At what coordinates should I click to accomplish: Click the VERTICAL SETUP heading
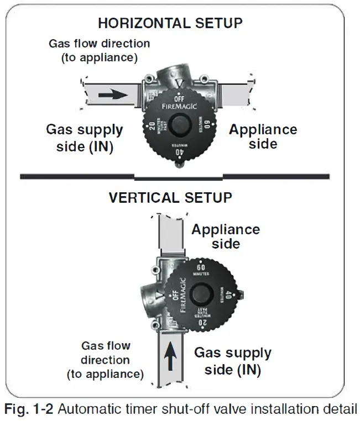[170, 197]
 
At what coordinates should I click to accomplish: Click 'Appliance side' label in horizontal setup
[263, 136]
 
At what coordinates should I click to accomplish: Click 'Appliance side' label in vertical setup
[225, 236]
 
